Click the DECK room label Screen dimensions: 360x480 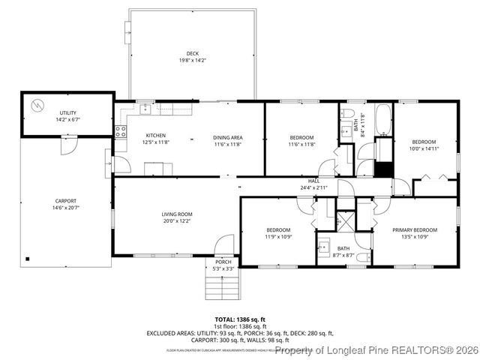point(193,53)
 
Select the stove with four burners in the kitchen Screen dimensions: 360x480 point(119,130)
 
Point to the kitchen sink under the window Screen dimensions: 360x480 point(145,110)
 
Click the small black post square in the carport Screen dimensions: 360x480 point(28,259)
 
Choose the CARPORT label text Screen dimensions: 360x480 point(65,201)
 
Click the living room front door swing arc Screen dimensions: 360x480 point(223,244)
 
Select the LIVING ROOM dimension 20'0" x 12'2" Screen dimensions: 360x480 point(177,221)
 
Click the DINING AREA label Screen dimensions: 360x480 point(228,137)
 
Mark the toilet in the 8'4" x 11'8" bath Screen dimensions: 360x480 point(347,113)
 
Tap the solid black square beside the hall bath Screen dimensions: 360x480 point(383,169)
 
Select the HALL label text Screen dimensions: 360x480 point(313,181)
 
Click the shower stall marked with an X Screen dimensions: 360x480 point(346,220)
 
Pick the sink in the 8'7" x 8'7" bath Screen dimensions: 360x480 point(325,245)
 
